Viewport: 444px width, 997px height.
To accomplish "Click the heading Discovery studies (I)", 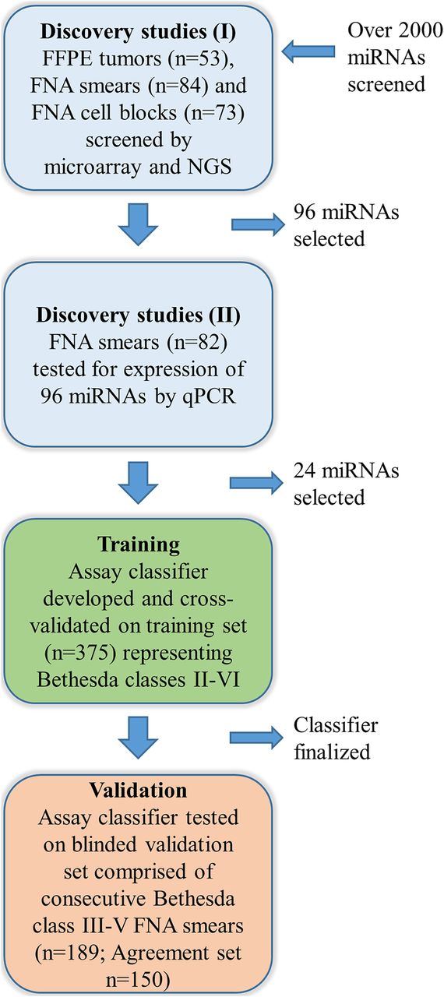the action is pyautogui.click(x=139, y=32).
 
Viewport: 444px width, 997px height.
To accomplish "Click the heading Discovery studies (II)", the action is pyautogui.click(x=139, y=315).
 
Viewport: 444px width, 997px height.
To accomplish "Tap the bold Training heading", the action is pyautogui.click(x=139, y=544).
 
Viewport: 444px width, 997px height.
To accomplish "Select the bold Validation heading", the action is pyautogui.click(x=139, y=791).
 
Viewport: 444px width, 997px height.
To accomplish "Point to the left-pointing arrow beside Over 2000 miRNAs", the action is pyautogui.click(x=308, y=51).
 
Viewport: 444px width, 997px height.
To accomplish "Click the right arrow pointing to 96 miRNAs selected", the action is pyautogui.click(x=258, y=224).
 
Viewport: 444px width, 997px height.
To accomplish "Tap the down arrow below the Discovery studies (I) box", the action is pyautogui.click(x=139, y=224).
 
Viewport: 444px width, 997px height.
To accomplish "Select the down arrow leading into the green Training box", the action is pyautogui.click(x=139, y=483).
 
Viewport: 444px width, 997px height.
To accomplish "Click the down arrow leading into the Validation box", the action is pyautogui.click(x=139, y=738).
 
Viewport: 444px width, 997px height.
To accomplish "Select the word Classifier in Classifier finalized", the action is pyautogui.click(x=336, y=725).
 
